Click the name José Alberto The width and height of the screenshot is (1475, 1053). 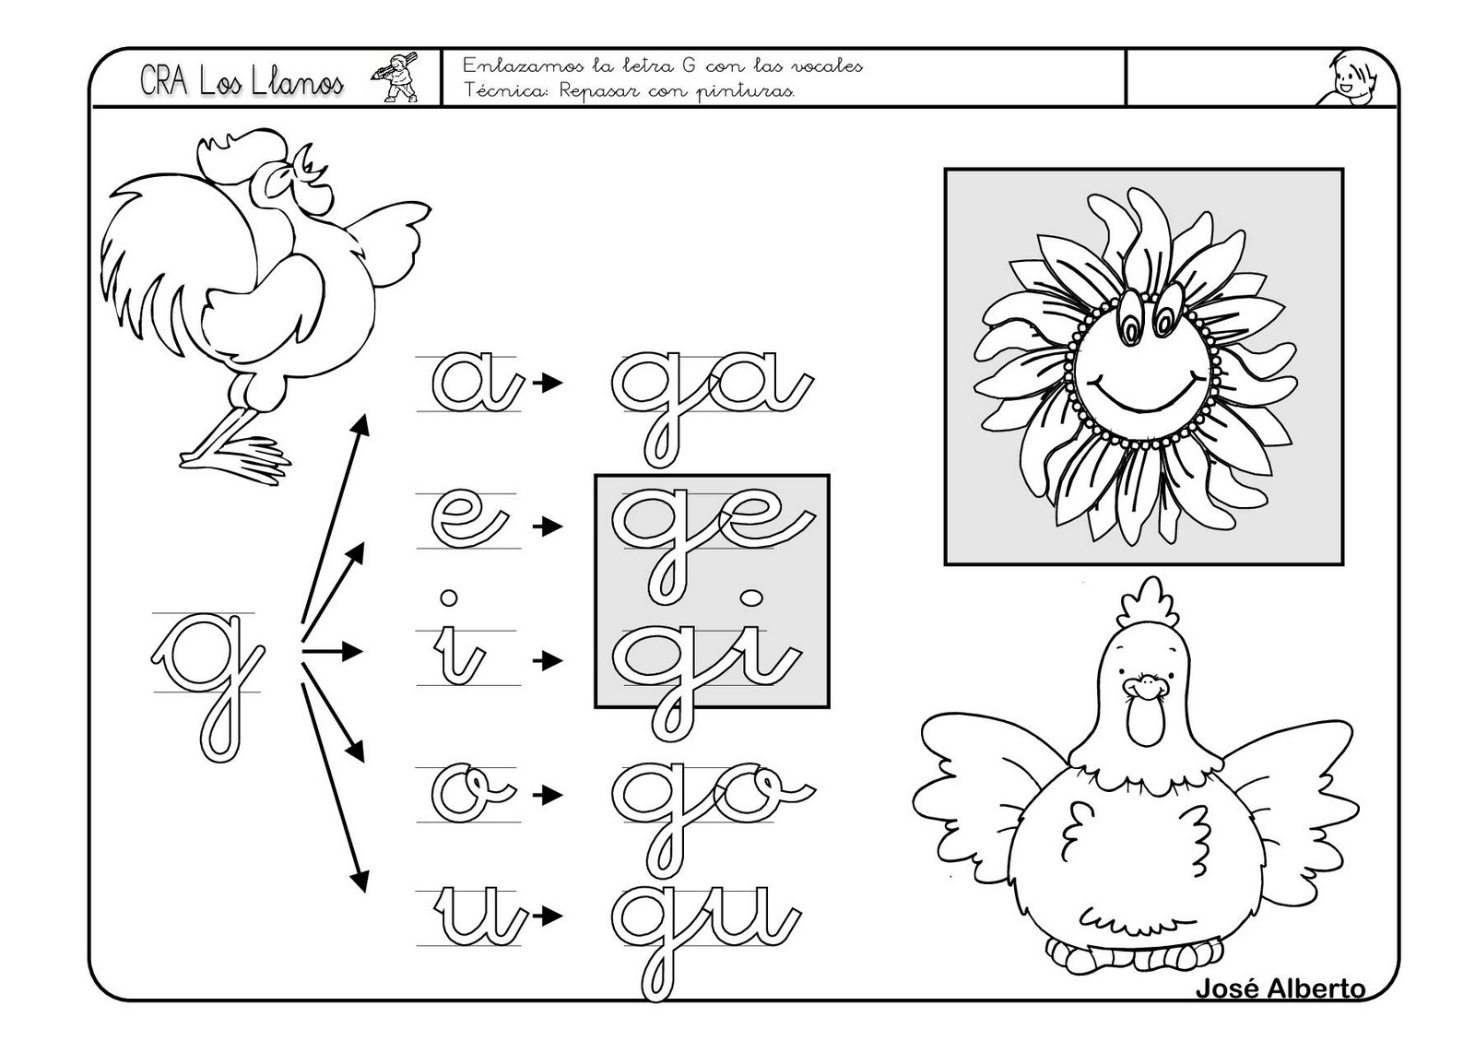(1280, 1007)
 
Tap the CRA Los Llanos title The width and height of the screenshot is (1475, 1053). (242, 81)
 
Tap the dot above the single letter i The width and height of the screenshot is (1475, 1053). (449, 597)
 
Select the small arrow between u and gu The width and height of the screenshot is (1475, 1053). (548, 916)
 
